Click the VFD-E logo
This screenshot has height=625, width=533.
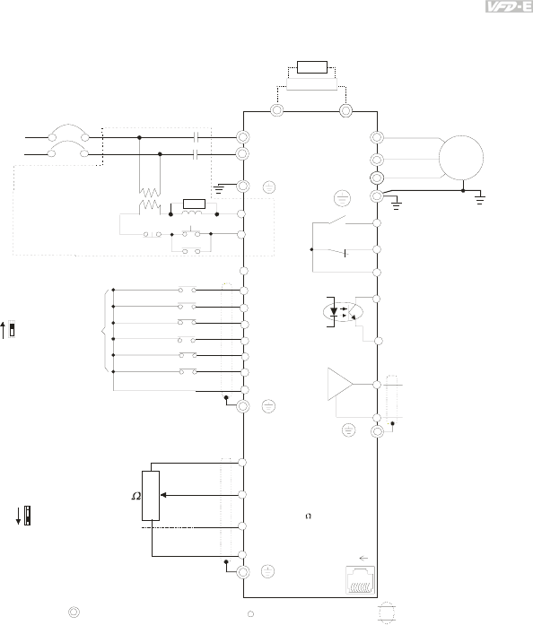tap(509, 6)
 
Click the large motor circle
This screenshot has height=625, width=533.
tap(461, 135)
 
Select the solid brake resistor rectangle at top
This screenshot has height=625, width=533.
tap(312, 67)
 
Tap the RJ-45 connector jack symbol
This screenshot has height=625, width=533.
tap(360, 580)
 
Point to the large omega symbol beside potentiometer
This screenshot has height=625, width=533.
tap(136, 496)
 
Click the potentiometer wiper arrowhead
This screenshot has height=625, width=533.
tap(163, 495)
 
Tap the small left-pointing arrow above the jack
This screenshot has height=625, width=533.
tap(363, 558)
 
